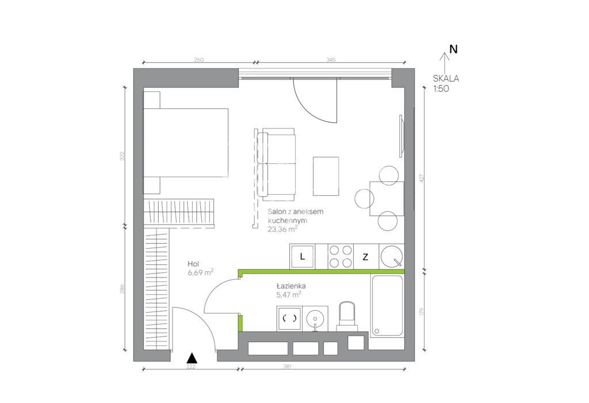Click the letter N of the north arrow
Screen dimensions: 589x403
(x=453, y=50)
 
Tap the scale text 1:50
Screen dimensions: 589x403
(x=441, y=89)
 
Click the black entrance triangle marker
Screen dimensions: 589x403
(x=192, y=358)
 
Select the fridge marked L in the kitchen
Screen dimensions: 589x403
(x=303, y=257)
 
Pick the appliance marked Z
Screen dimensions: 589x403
(x=365, y=257)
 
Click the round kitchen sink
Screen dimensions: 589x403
(x=392, y=256)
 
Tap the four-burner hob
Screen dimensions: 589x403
(x=341, y=256)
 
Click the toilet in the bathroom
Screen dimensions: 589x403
(x=347, y=316)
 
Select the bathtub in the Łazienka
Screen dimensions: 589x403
(x=387, y=306)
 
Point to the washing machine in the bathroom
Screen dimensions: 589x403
(x=290, y=318)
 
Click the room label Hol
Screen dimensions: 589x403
(x=193, y=264)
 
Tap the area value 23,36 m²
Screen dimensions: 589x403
(x=282, y=229)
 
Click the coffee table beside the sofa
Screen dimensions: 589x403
(x=326, y=176)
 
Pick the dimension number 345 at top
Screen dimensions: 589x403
(x=331, y=60)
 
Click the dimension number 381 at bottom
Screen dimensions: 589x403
(x=288, y=366)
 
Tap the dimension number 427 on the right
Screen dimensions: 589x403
(x=421, y=178)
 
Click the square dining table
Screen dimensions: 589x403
(x=387, y=199)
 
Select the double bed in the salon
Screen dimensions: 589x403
(x=186, y=142)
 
